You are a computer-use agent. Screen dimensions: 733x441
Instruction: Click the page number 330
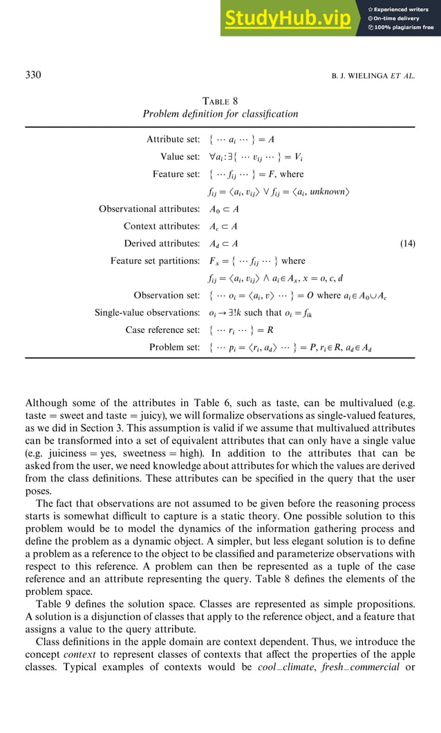point(32,75)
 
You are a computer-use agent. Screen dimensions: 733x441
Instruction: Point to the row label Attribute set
point(173,140)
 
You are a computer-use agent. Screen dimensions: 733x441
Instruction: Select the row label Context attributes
point(161,226)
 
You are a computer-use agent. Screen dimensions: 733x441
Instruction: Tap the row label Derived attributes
point(162,243)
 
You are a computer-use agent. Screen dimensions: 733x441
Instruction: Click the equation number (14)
point(408,243)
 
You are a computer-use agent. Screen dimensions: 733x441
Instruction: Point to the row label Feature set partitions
point(155,260)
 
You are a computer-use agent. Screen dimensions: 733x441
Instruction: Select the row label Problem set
point(174,348)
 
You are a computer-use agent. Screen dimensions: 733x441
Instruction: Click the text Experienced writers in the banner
point(403,9)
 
